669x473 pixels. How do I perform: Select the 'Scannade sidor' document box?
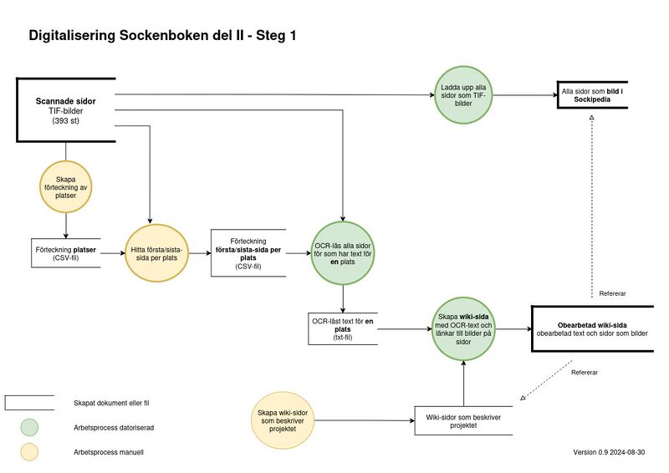point(65,109)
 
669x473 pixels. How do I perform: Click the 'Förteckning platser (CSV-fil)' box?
point(65,253)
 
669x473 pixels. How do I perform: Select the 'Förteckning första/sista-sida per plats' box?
point(248,252)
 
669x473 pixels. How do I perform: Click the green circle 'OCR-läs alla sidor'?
point(343,252)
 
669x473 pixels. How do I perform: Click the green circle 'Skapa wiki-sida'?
point(463,329)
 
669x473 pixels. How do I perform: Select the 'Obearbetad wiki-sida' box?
point(592,329)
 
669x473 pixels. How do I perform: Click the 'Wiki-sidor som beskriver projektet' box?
point(463,420)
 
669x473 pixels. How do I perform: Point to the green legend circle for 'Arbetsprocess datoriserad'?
point(30,427)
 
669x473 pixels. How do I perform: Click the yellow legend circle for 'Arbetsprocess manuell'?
point(30,452)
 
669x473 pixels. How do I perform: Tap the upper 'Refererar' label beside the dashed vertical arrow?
point(613,293)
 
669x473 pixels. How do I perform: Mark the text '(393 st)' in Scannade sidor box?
point(65,121)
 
